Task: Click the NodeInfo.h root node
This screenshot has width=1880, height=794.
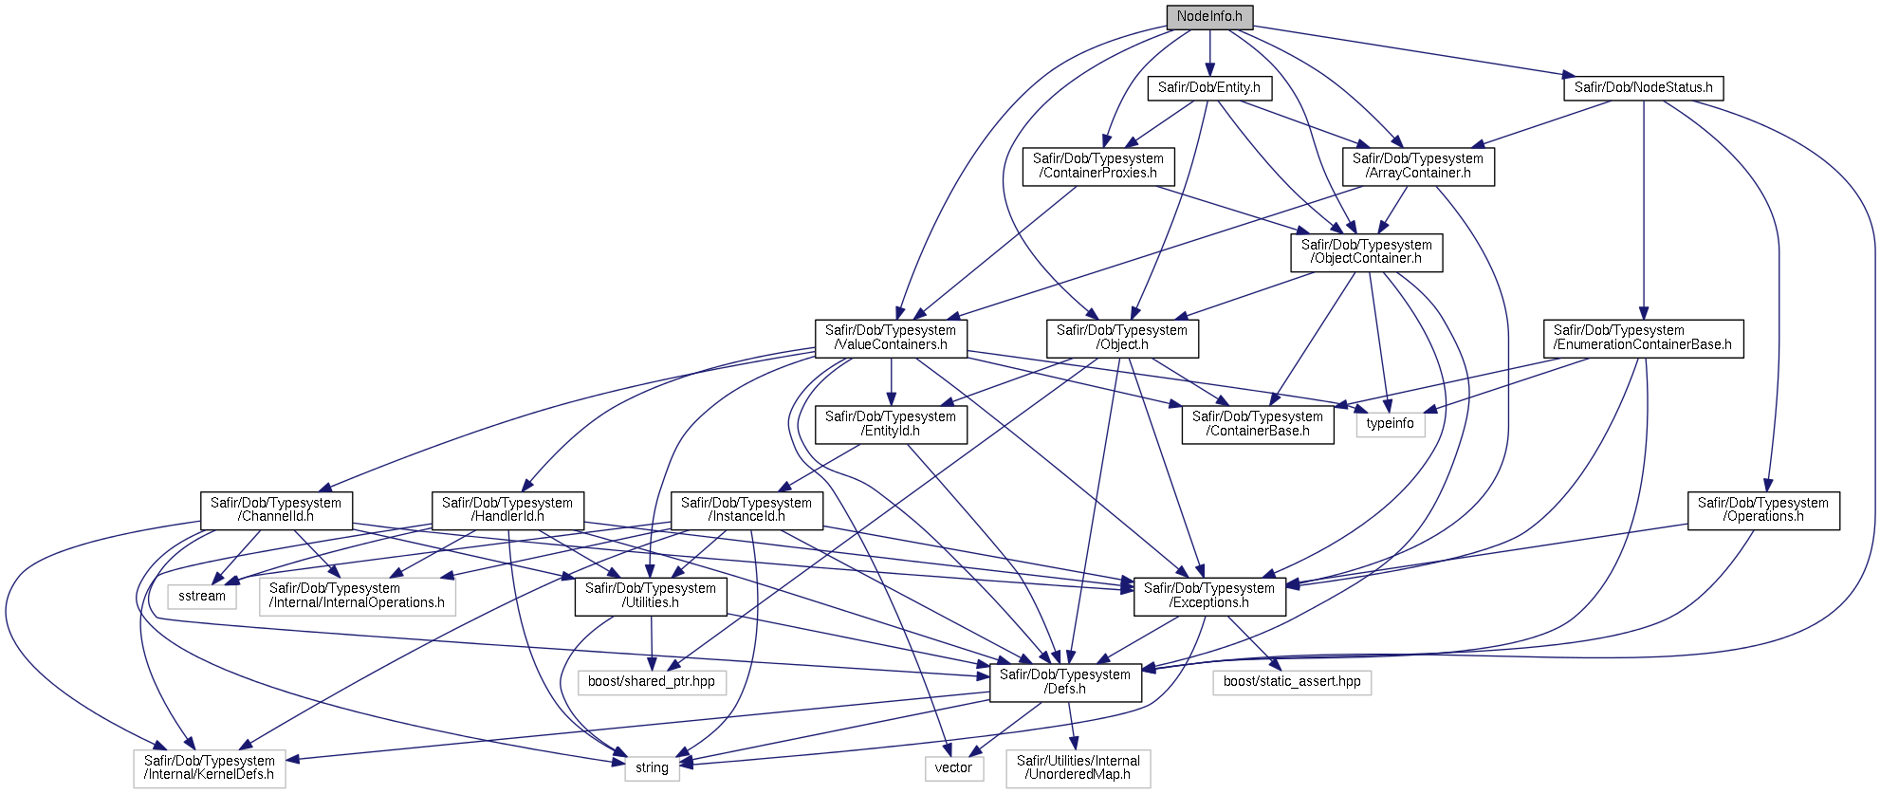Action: coord(1209,17)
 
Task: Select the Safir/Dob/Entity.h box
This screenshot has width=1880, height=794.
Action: coord(1209,88)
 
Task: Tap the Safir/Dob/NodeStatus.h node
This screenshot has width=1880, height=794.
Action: coord(1643,88)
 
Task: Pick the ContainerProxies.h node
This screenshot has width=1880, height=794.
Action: coord(1098,166)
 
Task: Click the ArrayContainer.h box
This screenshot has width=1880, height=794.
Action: coord(1418,166)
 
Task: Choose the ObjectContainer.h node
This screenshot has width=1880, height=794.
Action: coord(1367,252)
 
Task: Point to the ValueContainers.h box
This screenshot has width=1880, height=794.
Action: coord(891,339)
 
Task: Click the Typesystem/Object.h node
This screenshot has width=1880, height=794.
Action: coord(1122,339)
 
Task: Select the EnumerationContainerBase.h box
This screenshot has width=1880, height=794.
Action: coord(1643,339)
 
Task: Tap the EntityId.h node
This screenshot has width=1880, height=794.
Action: coord(891,424)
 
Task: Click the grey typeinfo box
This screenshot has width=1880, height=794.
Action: coord(1391,424)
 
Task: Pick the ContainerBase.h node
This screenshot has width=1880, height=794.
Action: coord(1258,424)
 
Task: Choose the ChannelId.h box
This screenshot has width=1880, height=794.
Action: coord(276,510)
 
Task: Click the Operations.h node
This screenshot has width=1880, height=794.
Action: coord(1763,510)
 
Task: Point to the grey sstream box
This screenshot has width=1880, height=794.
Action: coord(202,597)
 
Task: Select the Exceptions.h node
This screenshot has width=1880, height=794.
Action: coord(1209,597)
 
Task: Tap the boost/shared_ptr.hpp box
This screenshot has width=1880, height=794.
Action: coord(652,682)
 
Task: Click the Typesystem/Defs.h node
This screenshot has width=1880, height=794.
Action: coord(1065,682)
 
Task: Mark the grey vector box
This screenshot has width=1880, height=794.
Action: coord(953,768)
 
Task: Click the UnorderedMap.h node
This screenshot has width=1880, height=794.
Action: coord(1078,768)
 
